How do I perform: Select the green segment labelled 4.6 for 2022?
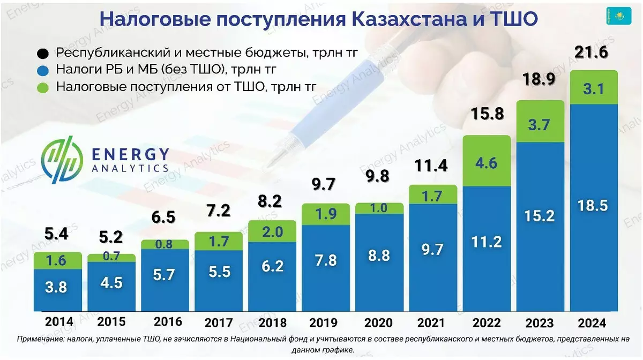[x=487, y=162]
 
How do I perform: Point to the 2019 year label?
[x=324, y=322]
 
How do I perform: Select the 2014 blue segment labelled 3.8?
[x=56, y=287]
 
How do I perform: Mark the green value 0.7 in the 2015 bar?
[x=111, y=257]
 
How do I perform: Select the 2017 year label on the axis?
[x=218, y=322]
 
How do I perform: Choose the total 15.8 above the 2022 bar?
[x=485, y=114]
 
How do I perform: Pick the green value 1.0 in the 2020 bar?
[x=378, y=208]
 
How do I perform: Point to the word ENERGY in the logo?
[x=130, y=154]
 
